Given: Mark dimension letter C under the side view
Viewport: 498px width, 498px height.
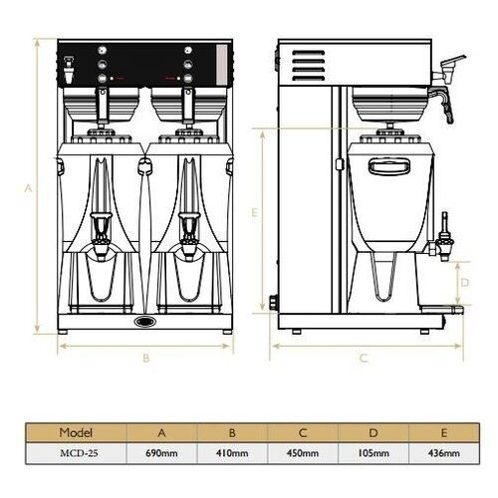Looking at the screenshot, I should point(365,357).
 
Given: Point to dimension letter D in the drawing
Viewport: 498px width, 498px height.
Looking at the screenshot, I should point(463,283).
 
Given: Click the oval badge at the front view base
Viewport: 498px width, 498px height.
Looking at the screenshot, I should point(145,322).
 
